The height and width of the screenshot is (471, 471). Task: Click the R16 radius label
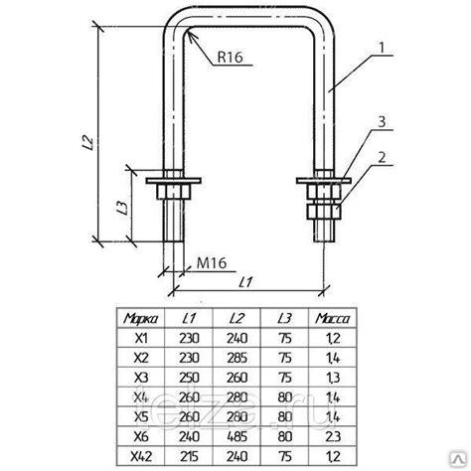[230, 57]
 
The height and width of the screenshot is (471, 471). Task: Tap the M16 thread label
[212, 263]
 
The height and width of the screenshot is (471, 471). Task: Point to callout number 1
[382, 48]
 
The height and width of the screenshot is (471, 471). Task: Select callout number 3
[382, 122]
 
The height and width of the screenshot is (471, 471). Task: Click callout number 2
[382, 158]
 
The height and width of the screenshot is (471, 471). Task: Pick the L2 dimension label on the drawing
[88, 143]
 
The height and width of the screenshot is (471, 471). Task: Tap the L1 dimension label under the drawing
[245, 282]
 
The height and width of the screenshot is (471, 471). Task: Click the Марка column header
[140, 319]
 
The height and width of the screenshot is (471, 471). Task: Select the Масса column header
[332, 319]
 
